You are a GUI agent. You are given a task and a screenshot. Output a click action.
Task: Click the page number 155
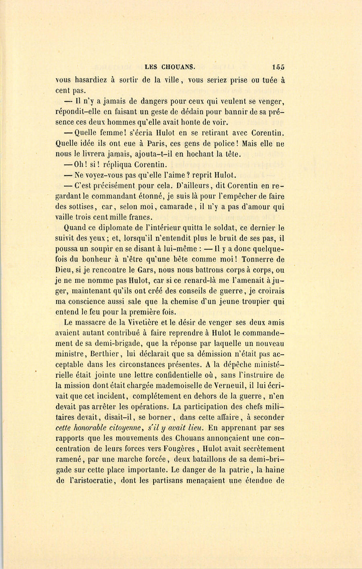click(x=278, y=67)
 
